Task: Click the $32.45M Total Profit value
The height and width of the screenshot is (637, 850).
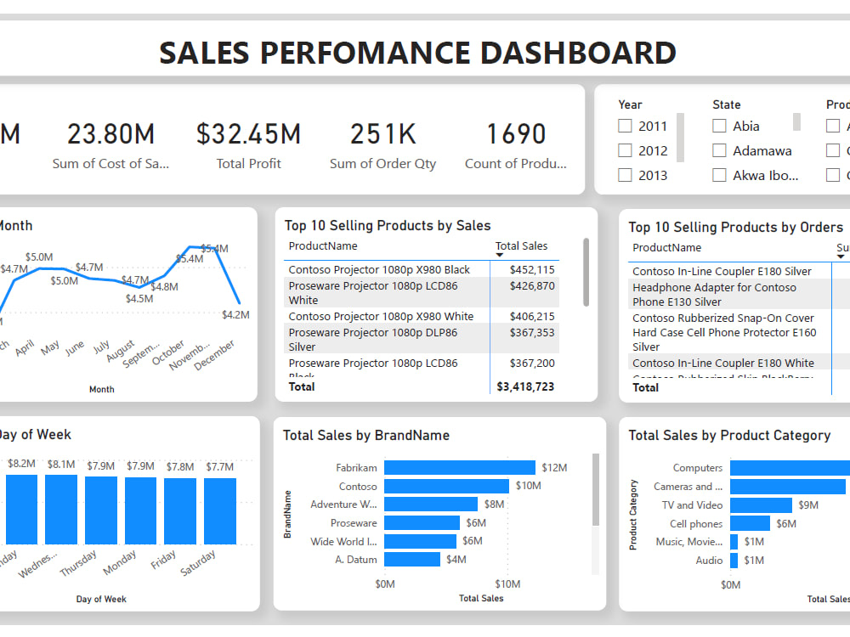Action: coord(248,134)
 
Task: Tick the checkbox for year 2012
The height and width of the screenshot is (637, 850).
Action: coord(626,150)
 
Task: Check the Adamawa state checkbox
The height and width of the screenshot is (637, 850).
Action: coord(719,150)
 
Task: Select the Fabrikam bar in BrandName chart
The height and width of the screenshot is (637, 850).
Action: coord(459,468)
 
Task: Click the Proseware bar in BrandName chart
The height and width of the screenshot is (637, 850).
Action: coord(422,523)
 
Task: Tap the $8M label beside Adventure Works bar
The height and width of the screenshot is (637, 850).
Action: coord(494,505)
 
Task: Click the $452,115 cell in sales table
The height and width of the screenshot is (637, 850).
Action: coord(532,270)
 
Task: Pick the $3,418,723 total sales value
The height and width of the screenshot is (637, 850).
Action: coord(525,387)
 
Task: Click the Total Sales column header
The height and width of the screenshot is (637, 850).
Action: coord(522,246)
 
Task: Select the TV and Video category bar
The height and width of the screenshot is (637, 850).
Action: coord(761,505)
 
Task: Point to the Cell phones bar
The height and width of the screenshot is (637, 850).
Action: coord(750,524)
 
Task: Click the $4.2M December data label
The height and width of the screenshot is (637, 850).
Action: coord(235,314)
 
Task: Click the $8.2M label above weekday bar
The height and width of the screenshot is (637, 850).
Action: coord(21,465)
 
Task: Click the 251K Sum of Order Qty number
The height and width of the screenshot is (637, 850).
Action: coord(382,134)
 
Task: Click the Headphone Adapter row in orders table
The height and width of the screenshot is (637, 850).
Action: coord(714,295)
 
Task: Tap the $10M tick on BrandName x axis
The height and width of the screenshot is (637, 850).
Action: coord(508,583)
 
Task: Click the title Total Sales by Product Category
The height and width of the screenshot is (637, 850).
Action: coord(729,436)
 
